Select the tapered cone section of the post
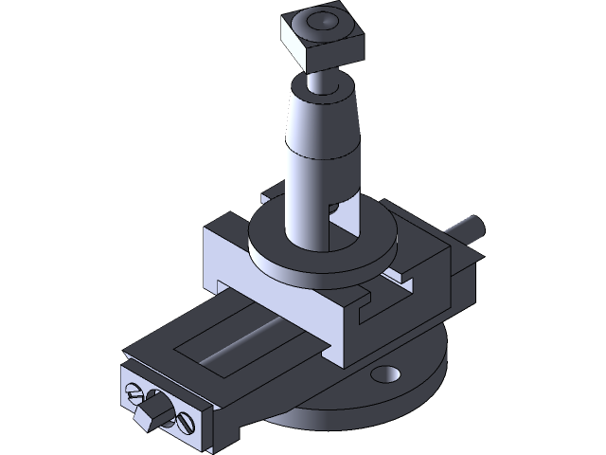[326, 123]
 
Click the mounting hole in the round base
[387, 375]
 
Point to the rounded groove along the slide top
[246, 341]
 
